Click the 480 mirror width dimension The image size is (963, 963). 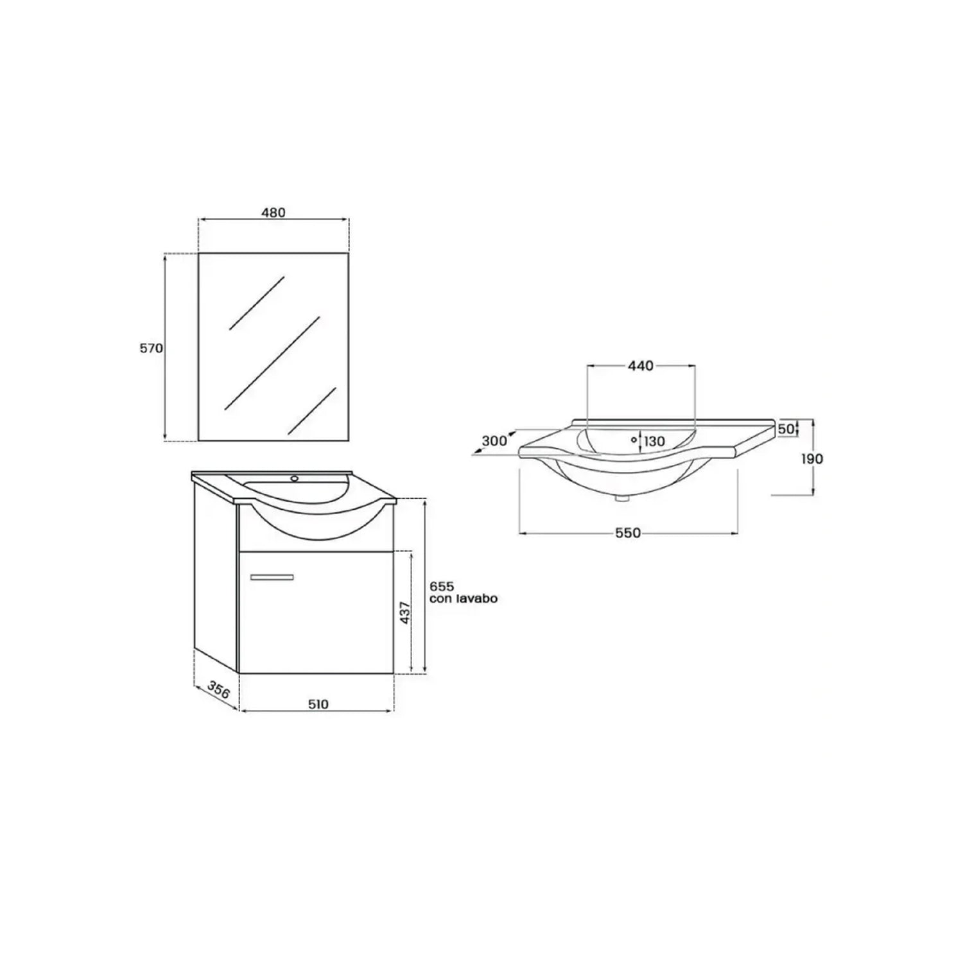pyautogui.click(x=273, y=213)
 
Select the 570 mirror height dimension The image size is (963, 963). pyautogui.click(x=152, y=348)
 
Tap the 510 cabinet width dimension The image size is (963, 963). pyautogui.click(x=318, y=704)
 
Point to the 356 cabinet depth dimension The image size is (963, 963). pyautogui.click(x=218, y=691)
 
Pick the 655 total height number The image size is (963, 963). pyautogui.click(x=442, y=586)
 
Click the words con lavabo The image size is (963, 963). pyautogui.click(x=463, y=598)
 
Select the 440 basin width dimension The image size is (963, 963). pyautogui.click(x=640, y=366)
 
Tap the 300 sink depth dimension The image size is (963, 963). pyautogui.click(x=494, y=441)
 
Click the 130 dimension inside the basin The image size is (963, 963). pyautogui.click(x=654, y=441)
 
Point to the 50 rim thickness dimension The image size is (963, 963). pyautogui.click(x=785, y=429)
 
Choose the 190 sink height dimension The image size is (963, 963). pyautogui.click(x=811, y=458)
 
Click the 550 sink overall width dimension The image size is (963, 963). pyautogui.click(x=628, y=533)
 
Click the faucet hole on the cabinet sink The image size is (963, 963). pyautogui.click(x=295, y=478)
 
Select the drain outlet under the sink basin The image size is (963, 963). pyautogui.click(x=621, y=496)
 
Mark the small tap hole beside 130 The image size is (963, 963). pyautogui.click(x=634, y=440)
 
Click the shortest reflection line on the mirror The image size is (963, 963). pyautogui.click(x=313, y=410)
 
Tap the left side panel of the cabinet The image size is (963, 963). pyautogui.click(x=216, y=571)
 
